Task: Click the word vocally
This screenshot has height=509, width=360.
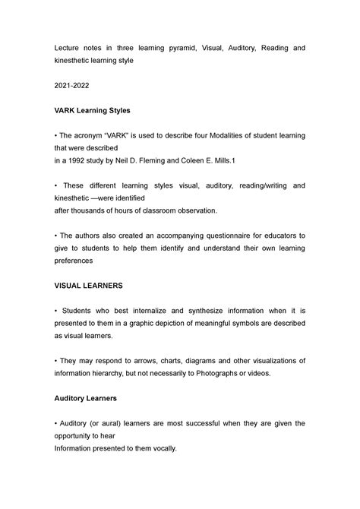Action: click(161, 448)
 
